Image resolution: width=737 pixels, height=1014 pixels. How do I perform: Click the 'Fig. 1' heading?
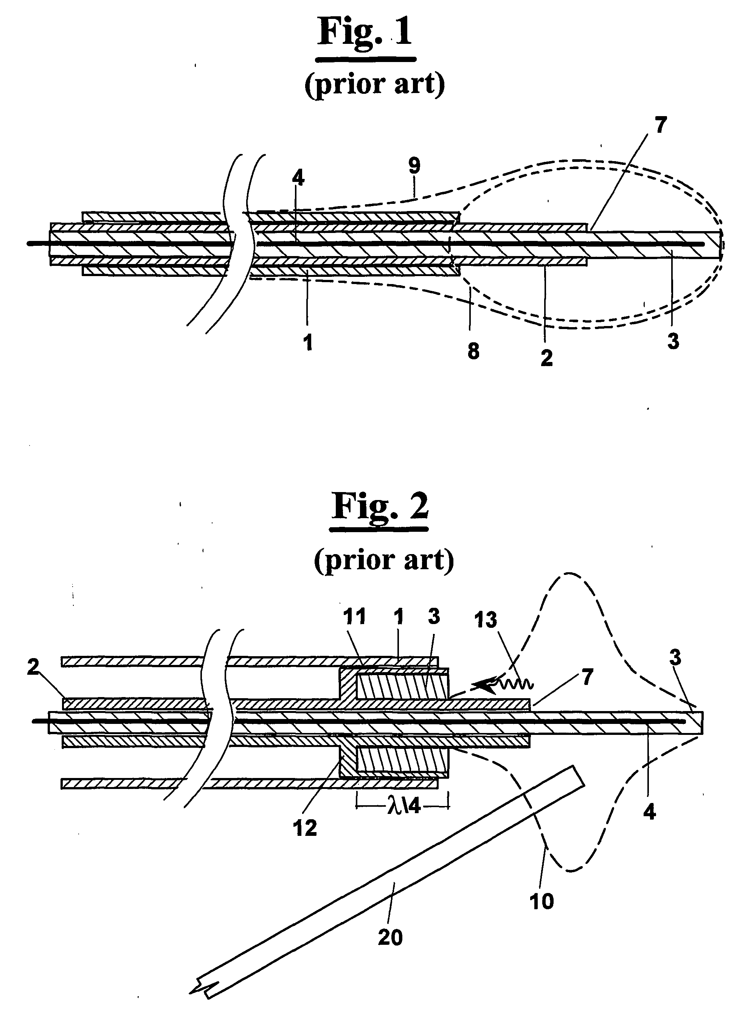pyautogui.click(x=365, y=32)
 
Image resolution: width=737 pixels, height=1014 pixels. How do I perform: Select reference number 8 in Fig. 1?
pyautogui.click(x=473, y=351)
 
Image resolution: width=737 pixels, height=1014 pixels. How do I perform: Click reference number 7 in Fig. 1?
pyautogui.click(x=661, y=125)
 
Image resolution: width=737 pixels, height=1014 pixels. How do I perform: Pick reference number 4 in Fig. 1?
pyautogui.click(x=298, y=178)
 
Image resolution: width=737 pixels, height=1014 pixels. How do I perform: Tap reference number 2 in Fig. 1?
pyautogui.click(x=546, y=358)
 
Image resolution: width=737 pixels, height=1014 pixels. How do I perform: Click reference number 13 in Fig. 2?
pyautogui.click(x=486, y=620)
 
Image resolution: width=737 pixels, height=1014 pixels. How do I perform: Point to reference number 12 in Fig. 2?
pyautogui.click(x=305, y=828)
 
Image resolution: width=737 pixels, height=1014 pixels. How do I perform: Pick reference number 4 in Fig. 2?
pyautogui.click(x=649, y=811)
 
